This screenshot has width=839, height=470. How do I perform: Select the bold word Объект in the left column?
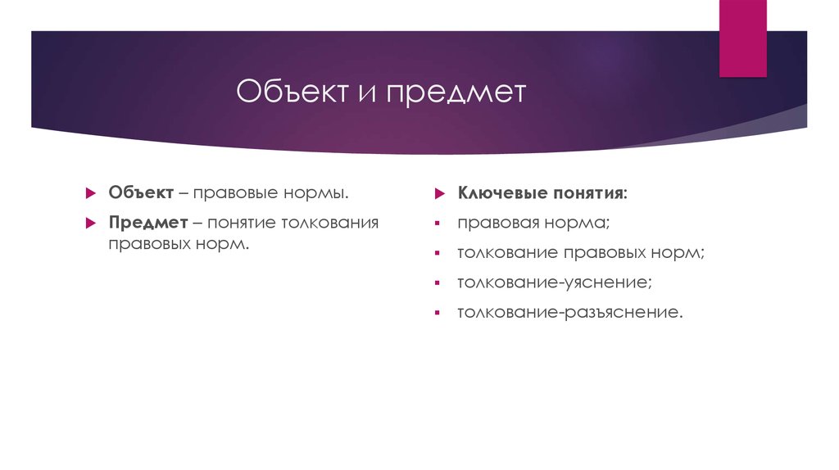140,192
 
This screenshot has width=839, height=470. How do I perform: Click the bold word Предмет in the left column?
146,222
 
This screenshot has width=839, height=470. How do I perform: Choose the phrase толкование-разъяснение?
569,312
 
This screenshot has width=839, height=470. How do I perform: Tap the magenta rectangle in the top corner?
742,38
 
